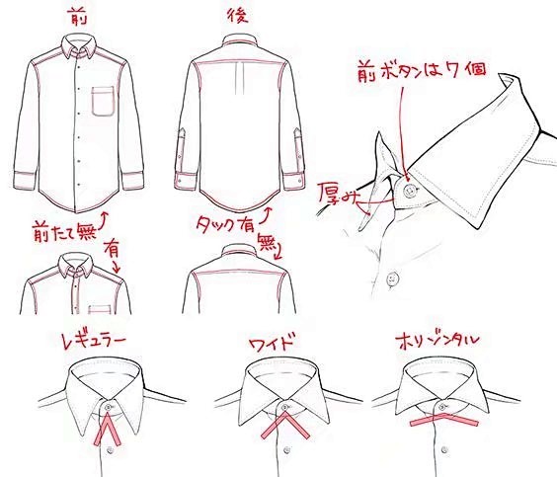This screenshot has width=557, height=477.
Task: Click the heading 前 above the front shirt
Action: click(x=74, y=15)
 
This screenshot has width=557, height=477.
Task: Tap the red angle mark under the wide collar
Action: click(x=286, y=428)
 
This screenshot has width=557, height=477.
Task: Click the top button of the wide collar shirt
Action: click(x=286, y=407)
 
